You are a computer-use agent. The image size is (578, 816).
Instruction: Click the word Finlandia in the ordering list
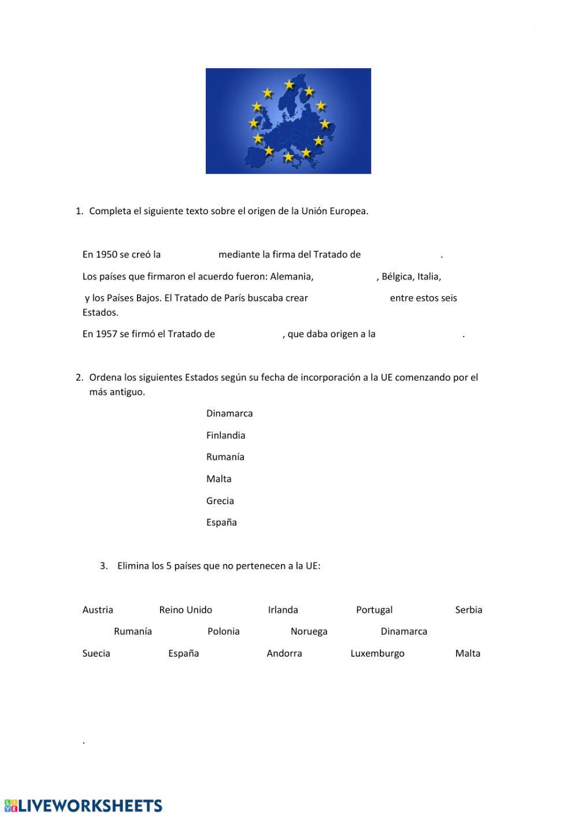(225, 435)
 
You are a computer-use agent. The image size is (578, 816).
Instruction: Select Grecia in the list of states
(220, 501)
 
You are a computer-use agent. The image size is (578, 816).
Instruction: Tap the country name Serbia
(468, 610)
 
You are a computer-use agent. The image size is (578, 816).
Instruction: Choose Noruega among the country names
(309, 632)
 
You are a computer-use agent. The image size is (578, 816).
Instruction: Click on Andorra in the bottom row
(284, 654)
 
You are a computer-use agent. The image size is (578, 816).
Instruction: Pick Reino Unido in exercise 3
(186, 610)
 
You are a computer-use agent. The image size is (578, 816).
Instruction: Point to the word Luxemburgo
(377, 654)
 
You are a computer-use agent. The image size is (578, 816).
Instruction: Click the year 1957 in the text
(106, 334)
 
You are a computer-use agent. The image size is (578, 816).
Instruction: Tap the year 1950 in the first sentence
(106, 255)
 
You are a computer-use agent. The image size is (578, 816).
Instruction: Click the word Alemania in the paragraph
(291, 277)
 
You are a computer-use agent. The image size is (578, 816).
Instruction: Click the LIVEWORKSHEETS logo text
(90, 806)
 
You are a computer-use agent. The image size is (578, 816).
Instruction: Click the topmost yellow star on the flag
(289, 85)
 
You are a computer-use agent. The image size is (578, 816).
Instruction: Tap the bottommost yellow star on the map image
(288, 157)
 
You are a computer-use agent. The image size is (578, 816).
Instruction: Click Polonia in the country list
(223, 632)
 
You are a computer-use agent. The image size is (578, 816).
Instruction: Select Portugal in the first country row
(374, 610)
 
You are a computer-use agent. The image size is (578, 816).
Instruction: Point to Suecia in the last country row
(96, 654)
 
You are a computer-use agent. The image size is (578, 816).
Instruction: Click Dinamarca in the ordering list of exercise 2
(229, 413)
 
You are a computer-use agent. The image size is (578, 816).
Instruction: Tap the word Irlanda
(283, 610)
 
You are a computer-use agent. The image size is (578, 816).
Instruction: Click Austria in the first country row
(98, 610)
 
